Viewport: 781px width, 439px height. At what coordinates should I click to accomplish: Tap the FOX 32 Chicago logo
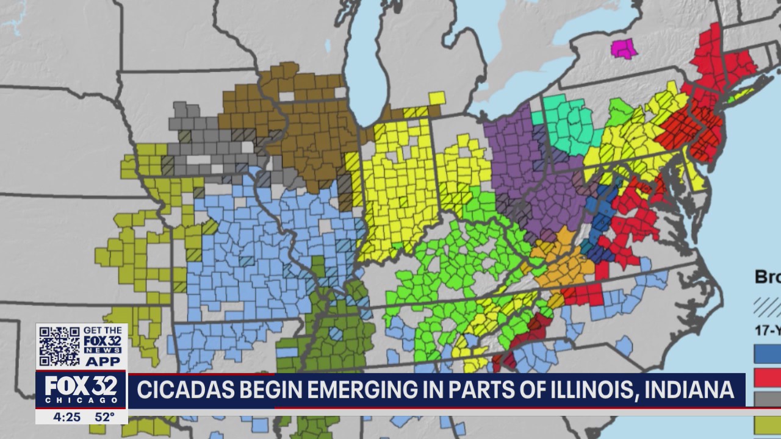(x=81, y=391)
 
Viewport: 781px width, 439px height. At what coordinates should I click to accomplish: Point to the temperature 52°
(x=104, y=418)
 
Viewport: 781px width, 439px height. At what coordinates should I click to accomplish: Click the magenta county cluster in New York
(x=624, y=49)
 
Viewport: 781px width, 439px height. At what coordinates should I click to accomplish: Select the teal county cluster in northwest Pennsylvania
(x=567, y=125)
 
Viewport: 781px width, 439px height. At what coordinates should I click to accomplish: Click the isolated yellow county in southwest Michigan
(x=437, y=98)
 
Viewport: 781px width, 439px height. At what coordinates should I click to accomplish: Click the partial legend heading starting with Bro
(x=768, y=277)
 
